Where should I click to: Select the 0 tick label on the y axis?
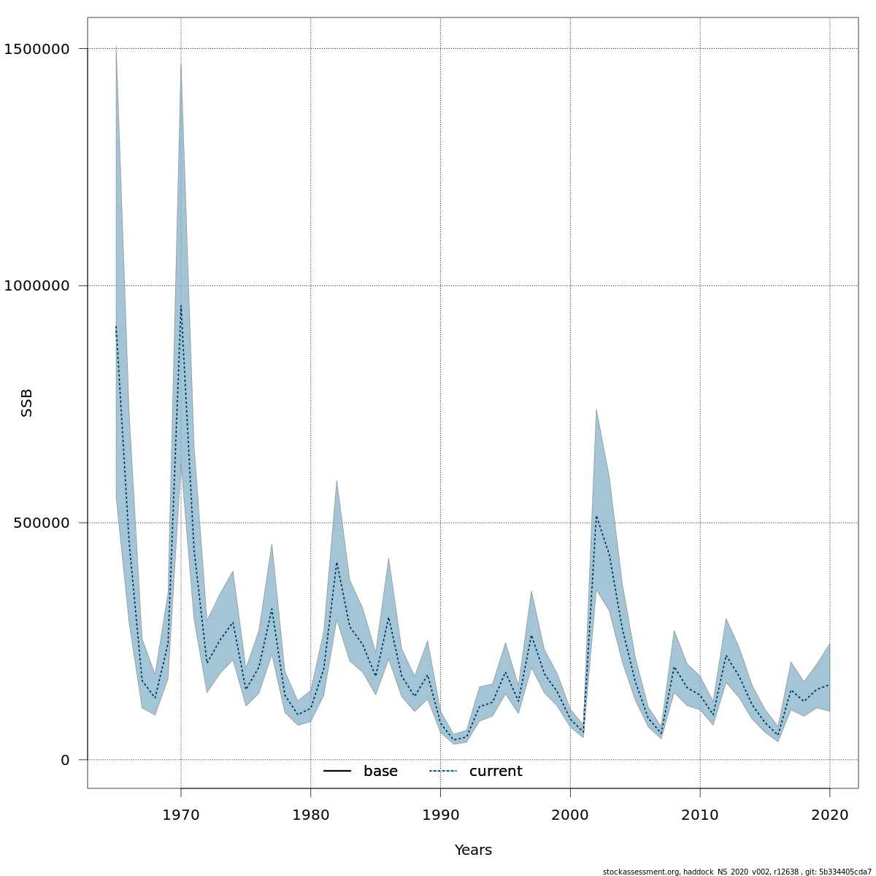pos(65,760)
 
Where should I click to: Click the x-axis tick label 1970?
pos(181,814)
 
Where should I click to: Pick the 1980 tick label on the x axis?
pos(311,814)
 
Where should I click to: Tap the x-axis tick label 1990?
pos(440,814)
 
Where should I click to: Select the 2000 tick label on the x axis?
pos(570,814)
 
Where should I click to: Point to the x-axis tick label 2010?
pos(700,814)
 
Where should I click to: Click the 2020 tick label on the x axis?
pos(830,814)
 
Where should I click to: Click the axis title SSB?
pos(27,403)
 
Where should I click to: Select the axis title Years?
pos(473,850)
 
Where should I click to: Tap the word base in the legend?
pos(380,772)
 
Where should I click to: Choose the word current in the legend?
pos(496,772)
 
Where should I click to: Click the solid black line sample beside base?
pos(337,772)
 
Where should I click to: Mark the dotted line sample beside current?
pos(442,772)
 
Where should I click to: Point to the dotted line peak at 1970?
pos(181,305)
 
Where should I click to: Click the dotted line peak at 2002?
pos(596,516)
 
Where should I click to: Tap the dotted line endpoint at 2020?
pos(830,685)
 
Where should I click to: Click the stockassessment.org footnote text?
pos(737,872)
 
